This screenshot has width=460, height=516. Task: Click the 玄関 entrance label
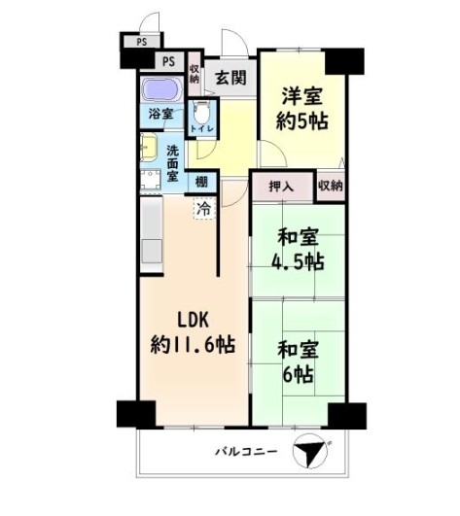point(230,78)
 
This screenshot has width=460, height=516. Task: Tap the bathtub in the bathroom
point(161,88)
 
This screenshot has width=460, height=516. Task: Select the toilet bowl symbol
point(201,112)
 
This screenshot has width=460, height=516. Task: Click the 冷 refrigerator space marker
point(204,209)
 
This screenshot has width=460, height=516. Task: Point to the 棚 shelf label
point(201,182)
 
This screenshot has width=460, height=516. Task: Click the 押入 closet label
point(281,187)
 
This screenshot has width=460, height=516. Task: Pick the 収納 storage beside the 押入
point(331,186)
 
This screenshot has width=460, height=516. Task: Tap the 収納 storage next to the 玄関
point(195,74)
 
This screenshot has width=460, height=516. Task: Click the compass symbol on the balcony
point(310,451)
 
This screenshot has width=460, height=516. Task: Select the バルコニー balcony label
point(246,452)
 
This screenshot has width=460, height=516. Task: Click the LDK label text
point(194,320)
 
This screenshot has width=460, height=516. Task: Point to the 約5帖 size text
point(301,121)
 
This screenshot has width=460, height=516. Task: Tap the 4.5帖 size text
point(298,261)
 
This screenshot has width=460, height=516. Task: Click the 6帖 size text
point(298,374)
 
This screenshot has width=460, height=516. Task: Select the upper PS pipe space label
point(142,42)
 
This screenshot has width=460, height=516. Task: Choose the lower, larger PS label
point(169,61)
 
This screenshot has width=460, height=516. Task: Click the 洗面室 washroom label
point(173,163)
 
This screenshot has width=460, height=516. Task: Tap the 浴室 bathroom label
point(160,114)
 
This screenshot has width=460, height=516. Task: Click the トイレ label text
point(202,128)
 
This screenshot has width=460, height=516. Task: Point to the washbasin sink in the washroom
point(149,148)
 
